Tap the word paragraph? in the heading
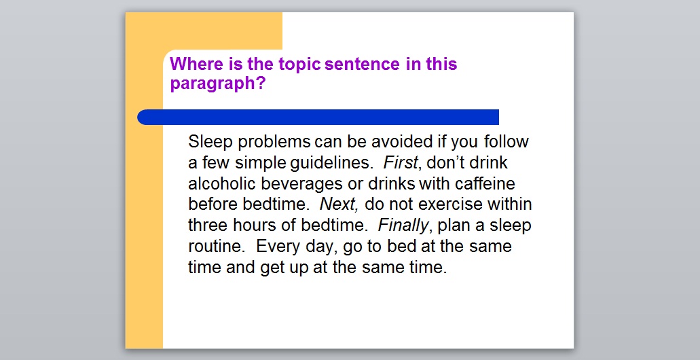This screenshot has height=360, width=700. [217, 84]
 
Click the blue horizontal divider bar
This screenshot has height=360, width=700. [318, 117]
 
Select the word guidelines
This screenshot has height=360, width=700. [332, 163]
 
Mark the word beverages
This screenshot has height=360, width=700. [306, 183]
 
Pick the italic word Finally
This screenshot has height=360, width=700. [403, 226]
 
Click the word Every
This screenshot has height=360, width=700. [277, 246]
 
